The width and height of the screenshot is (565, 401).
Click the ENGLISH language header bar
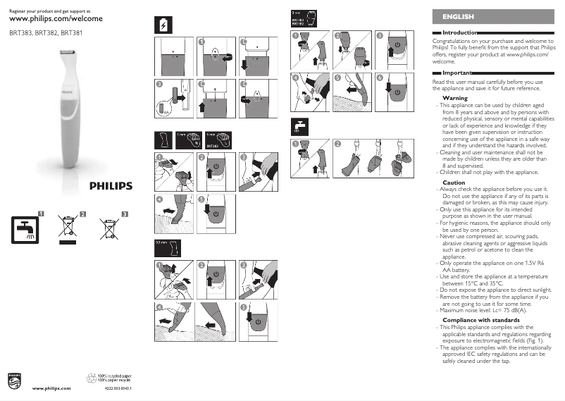click(493, 16)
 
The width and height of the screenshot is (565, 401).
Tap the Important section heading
click(457, 73)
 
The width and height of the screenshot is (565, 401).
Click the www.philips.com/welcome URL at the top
click(56, 20)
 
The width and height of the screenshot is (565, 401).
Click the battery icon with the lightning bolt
click(161, 24)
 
